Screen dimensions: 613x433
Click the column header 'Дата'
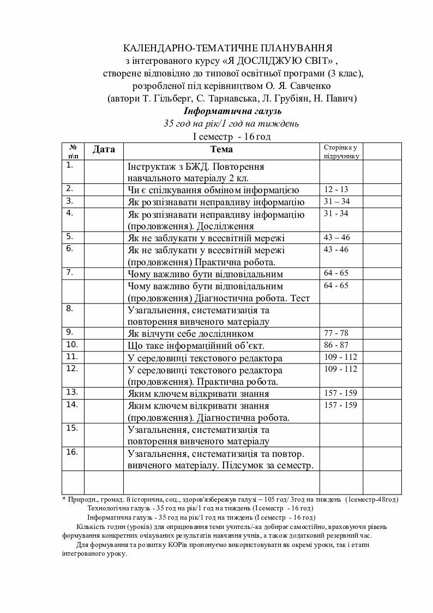104,149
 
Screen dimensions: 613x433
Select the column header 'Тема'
221,149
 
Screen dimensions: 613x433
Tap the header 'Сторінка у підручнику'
341,152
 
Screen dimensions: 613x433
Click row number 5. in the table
69,237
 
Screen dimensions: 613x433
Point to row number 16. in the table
71,452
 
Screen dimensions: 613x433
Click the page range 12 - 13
336,189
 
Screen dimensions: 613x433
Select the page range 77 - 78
336,333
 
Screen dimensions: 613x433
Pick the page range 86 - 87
336,345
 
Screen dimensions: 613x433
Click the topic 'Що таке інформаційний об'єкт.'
196,346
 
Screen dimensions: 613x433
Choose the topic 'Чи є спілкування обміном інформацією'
213,190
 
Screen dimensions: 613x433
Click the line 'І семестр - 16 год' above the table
232,136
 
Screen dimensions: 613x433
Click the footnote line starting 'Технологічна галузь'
201,508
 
